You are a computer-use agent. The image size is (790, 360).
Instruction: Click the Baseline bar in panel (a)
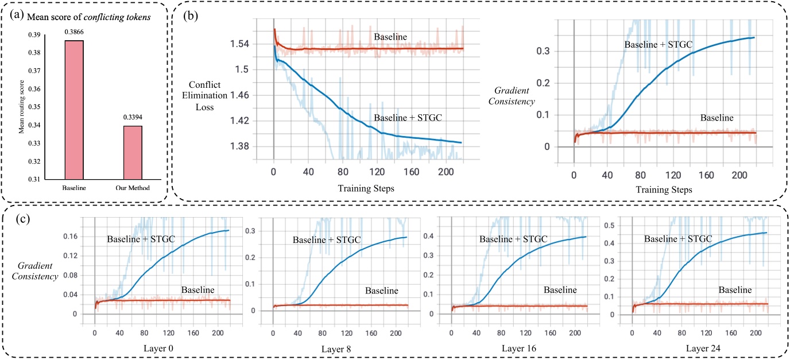click(x=74, y=110)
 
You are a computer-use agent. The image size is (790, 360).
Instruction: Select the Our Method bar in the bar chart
click(x=133, y=153)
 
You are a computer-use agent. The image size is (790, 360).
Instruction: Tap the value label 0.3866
click(x=74, y=32)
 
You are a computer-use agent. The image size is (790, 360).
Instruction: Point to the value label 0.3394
click(x=133, y=117)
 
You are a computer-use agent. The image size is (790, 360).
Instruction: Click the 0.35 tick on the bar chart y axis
click(x=34, y=107)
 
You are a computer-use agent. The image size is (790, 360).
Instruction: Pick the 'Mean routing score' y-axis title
click(x=21, y=107)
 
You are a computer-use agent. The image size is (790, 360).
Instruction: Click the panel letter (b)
click(x=191, y=16)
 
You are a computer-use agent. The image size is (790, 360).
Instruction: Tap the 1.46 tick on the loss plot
click(x=239, y=95)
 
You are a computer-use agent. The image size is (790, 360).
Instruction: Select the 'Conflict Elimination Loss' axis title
click(x=204, y=95)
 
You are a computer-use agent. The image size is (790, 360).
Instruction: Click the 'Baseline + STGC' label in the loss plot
click(x=408, y=117)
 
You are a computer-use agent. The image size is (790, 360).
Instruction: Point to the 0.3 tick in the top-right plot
click(x=543, y=51)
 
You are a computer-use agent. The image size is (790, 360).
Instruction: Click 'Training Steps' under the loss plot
click(x=366, y=188)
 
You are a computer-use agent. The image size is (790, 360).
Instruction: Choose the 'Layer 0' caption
click(x=158, y=349)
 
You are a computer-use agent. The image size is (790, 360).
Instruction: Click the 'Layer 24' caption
click(x=703, y=349)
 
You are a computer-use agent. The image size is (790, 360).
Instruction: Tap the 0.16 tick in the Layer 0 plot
click(x=70, y=236)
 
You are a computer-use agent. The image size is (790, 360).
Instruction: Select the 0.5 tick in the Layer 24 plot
click(x=609, y=225)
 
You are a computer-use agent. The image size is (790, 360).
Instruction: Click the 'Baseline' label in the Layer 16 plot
click(x=560, y=290)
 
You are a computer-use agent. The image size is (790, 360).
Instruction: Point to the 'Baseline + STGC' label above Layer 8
click(x=327, y=240)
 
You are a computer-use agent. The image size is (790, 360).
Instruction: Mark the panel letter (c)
click(x=22, y=219)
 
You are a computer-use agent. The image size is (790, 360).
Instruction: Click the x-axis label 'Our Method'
click(x=133, y=188)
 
